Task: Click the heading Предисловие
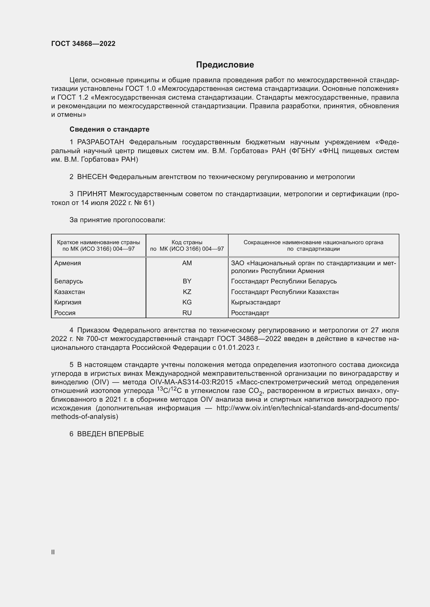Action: pos(225,65)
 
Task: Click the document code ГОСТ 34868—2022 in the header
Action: pos(83,44)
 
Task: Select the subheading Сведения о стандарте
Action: pos(109,129)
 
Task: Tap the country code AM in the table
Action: pos(187,263)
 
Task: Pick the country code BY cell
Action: pos(187,281)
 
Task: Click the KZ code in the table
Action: pos(187,292)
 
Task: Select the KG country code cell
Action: pos(187,302)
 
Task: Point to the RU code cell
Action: pos(187,313)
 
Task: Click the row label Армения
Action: pos(68,263)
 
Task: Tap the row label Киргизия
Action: pos(68,302)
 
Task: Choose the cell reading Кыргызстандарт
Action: pos(256,302)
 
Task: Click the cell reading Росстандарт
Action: pos(250,313)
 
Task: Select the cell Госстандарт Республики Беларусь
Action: pos(284,281)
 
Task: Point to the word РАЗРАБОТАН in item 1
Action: pos(101,142)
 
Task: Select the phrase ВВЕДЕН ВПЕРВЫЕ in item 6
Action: pos(110,434)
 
